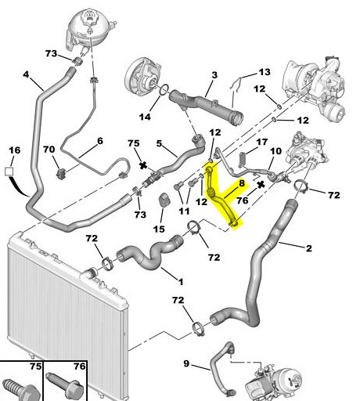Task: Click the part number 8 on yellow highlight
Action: pos(242,183)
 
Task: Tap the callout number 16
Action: pos(15,150)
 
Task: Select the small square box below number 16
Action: pos(9,172)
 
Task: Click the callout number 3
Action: pos(214,75)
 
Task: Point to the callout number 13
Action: pos(265,72)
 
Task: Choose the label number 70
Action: pos(49,150)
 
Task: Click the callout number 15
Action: pos(159,229)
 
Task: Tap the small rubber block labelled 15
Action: pos(164,200)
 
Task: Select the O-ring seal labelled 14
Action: pos(164,90)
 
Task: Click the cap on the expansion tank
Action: pos(89,17)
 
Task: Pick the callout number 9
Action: pos(186,363)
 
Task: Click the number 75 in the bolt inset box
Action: pos(36,367)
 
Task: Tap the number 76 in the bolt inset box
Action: pos(80,367)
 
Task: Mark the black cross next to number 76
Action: pos(261,185)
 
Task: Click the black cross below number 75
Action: pos(142,165)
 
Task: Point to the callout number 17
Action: pos(262,142)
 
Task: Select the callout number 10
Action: pos(275,151)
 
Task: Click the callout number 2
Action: pos(309,248)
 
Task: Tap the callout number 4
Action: pos(26,74)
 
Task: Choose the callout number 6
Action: pos(100,141)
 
